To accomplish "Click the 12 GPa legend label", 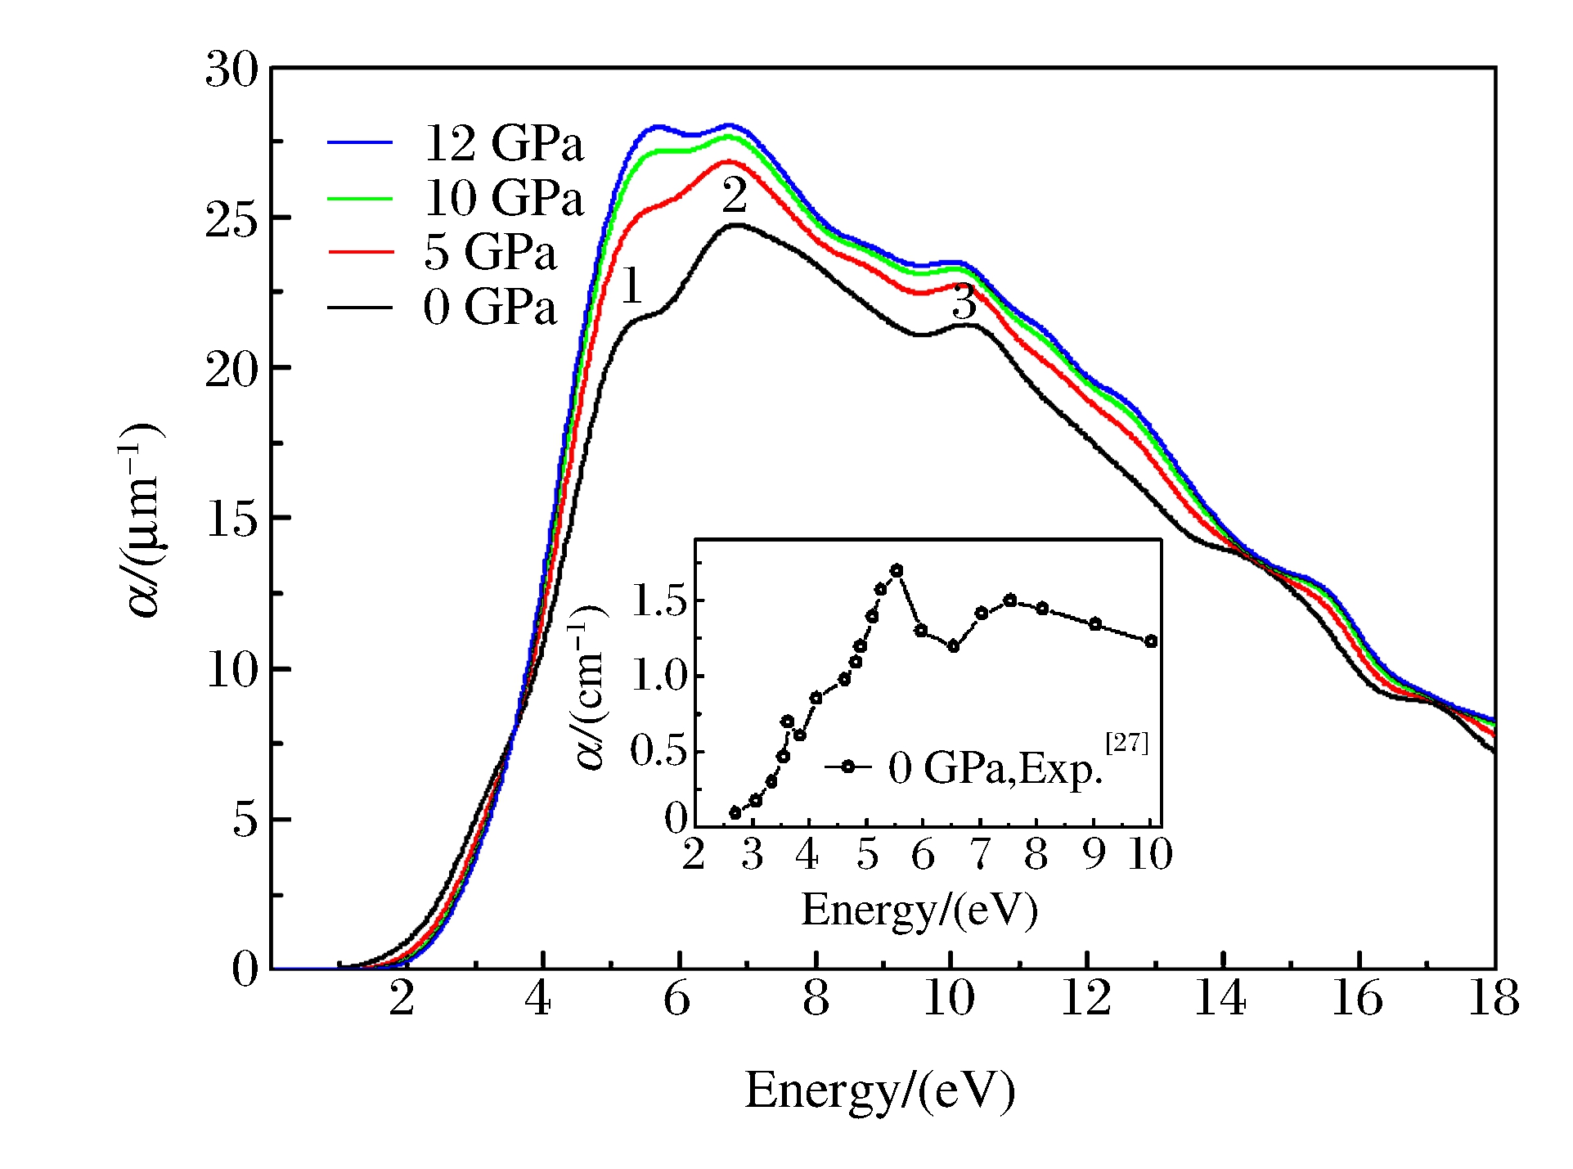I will pyautogui.click(x=503, y=143).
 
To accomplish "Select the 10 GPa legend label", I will pyautogui.click(x=503, y=198).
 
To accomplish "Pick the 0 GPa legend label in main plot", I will pyautogui.click(x=489, y=308).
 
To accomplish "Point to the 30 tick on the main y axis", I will pyautogui.click(x=231, y=70).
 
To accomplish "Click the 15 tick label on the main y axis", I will pyautogui.click(x=231, y=519).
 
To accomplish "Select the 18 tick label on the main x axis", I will pyautogui.click(x=1494, y=999).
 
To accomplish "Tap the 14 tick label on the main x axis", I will pyautogui.click(x=1220, y=999).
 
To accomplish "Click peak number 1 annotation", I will pyautogui.click(x=631, y=286).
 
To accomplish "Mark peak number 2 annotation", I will pyautogui.click(x=734, y=196).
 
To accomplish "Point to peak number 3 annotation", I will pyautogui.click(x=964, y=303).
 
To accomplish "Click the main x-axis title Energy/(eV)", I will pyautogui.click(x=879, y=1090).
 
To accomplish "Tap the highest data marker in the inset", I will pyautogui.click(x=897, y=570).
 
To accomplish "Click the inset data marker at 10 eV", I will pyautogui.click(x=1151, y=641).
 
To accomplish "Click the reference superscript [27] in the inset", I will pyautogui.click(x=1126, y=743).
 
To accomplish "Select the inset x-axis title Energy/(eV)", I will pyautogui.click(x=919, y=910).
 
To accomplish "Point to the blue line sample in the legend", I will pyautogui.click(x=360, y=142).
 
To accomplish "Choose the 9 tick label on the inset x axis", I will pyautogui.click(x=1094, y=854).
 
